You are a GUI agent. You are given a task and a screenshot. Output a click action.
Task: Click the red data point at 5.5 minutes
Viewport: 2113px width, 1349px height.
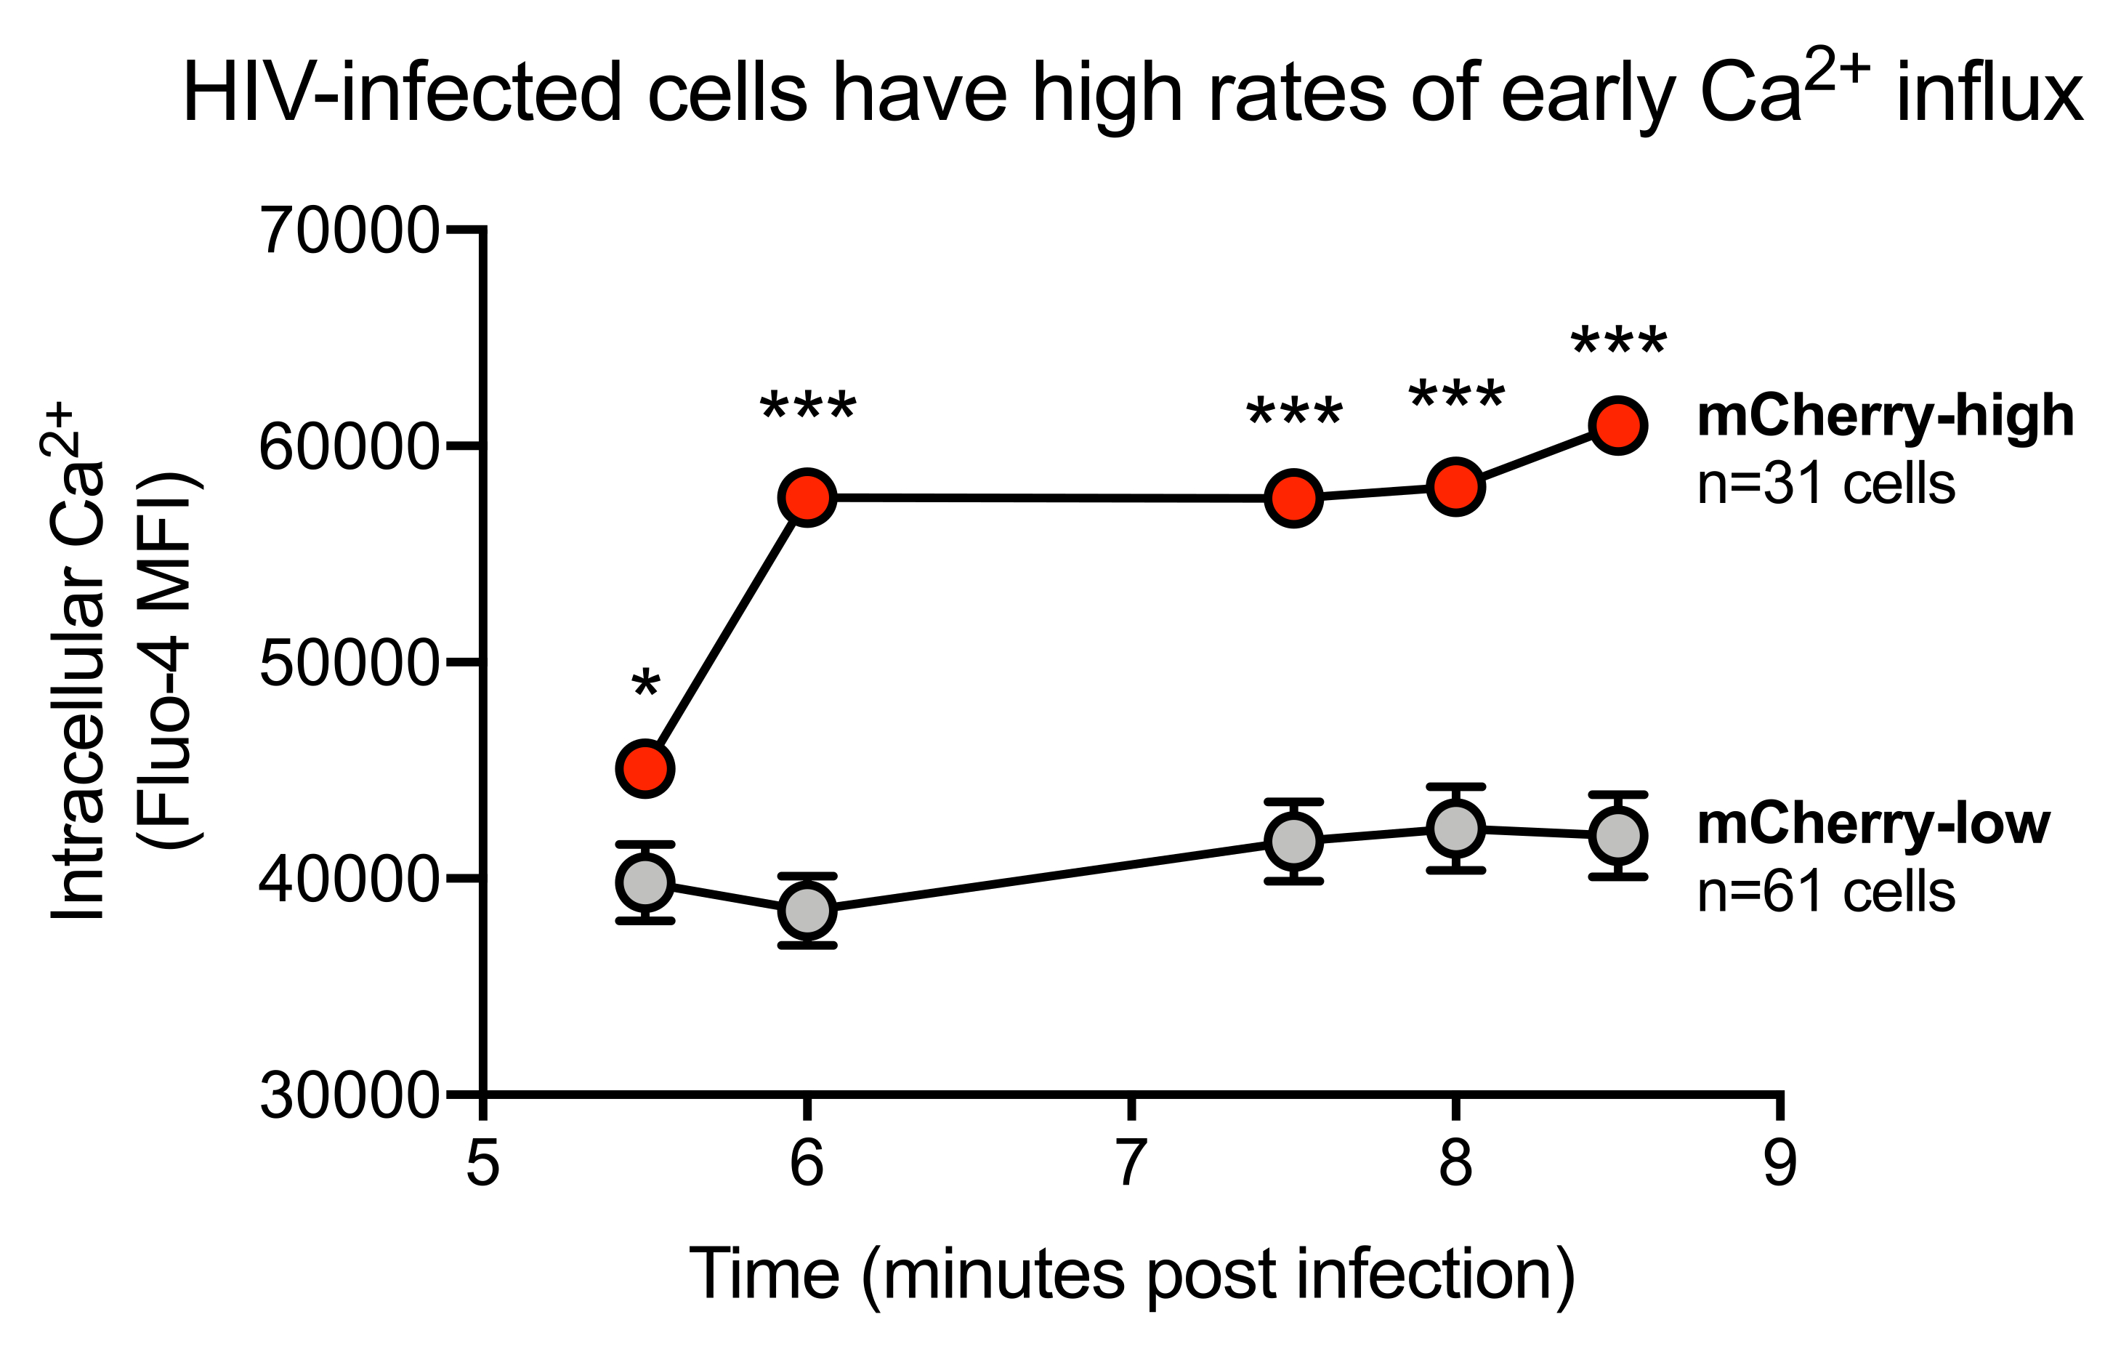645,768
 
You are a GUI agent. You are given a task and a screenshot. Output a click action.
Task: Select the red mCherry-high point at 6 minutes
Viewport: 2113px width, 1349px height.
807,496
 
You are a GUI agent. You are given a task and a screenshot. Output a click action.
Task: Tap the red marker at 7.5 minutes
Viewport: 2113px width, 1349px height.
1293,498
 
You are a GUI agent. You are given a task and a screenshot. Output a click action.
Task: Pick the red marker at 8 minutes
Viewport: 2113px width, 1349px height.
1455,486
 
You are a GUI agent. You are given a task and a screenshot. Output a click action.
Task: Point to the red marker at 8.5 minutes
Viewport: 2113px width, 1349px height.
1617,424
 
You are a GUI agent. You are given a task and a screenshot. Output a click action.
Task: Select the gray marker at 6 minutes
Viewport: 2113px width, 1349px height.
807,910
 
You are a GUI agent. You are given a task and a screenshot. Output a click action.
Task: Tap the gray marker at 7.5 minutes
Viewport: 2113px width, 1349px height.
1293,841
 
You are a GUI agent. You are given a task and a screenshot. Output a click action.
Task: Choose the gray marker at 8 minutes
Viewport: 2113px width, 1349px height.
1455,828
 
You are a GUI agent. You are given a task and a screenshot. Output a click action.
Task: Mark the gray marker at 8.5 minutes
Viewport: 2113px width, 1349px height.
1617,834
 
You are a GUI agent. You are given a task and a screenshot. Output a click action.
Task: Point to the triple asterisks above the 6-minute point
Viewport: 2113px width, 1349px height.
807,409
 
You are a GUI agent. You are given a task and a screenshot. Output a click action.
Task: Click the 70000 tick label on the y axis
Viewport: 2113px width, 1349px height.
348,231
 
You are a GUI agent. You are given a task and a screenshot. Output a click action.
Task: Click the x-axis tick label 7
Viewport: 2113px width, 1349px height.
1131,1163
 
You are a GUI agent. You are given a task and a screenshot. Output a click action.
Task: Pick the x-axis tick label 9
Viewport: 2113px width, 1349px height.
1779,1163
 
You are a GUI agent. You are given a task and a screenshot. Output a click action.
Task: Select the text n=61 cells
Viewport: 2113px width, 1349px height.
1826,892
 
